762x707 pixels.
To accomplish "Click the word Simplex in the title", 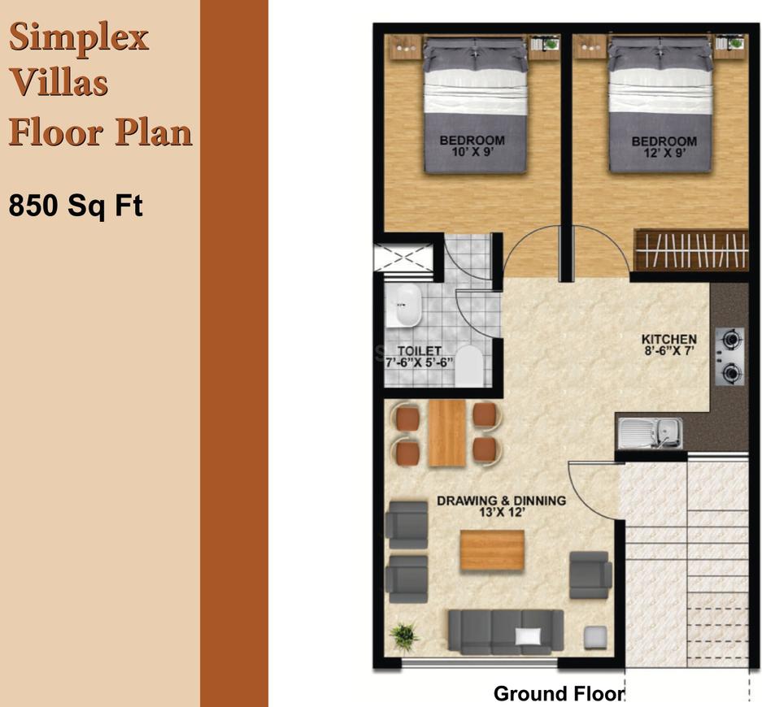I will click(x=79, y=37).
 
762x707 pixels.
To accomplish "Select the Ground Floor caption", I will click(x=558, y=693).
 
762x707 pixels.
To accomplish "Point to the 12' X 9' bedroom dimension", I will click(x=664, y=152).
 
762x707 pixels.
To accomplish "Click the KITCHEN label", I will click(x=668, y=339).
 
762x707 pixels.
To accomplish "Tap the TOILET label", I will click(x=419, y=351).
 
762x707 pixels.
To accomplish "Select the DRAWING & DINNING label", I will click(x=501, y=501).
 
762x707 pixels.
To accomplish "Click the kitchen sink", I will click(x=649, y=432).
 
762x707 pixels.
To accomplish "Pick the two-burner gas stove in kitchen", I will click(x=731, y=355).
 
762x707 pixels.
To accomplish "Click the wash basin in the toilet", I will click(x=403, y=306).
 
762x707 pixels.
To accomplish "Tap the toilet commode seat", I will click(x=468, y=367).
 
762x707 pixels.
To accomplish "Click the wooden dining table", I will click(x=446, y=433).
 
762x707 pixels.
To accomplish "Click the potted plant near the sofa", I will click(x=403, y=635).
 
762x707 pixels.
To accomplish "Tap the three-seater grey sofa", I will click(x=505, y=631).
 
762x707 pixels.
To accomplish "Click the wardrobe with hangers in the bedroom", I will click(x=690, y=250).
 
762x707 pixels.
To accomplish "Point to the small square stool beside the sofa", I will click(x=598, y=637).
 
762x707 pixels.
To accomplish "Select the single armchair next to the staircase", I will click(x=590, y=574).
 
